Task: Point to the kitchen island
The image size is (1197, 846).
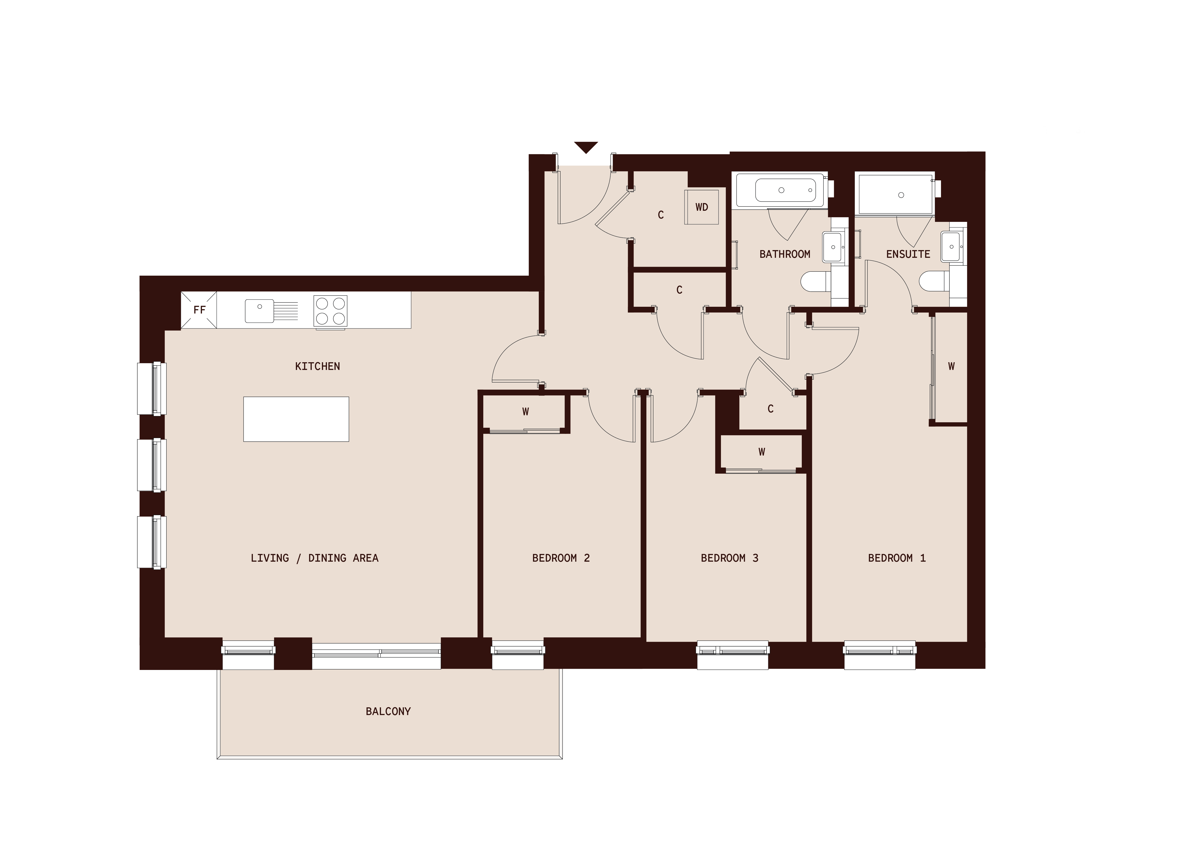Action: click(296, 419)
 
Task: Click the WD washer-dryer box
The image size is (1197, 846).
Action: click(702, 207)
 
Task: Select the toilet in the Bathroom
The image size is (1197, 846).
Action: click(815, 282)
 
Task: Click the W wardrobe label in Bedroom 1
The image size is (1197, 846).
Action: click(951, 366)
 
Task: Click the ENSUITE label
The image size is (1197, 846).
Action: click(908, 254)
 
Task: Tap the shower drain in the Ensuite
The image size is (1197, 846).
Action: click(901, 195)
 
